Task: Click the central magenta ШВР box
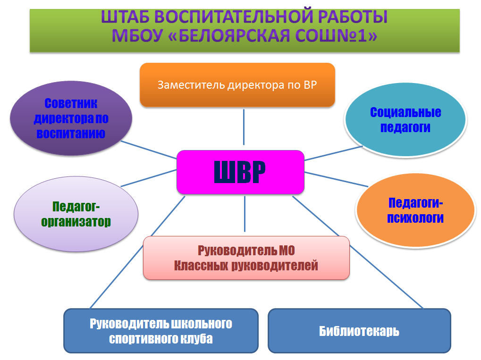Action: (241, 172)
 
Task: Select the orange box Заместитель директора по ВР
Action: (237, 85)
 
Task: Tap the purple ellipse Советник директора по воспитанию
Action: (71, 118)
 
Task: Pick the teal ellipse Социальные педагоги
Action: (405, 119)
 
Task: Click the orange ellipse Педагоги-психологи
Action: (415, 210)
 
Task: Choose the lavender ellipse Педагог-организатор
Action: (76, 214)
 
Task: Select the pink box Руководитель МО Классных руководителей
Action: (246, 258)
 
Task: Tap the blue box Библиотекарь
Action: (359, 331)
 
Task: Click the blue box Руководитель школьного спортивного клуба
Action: (161, 331)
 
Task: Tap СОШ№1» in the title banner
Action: (336, 35)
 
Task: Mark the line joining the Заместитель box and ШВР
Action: (244, 127)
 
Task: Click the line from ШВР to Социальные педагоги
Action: (333, 153)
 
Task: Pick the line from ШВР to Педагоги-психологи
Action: (336, 179)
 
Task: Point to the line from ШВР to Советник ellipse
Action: (149, 150)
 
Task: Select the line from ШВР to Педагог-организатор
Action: (149, 178)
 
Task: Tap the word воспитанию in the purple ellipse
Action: (71, 134)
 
